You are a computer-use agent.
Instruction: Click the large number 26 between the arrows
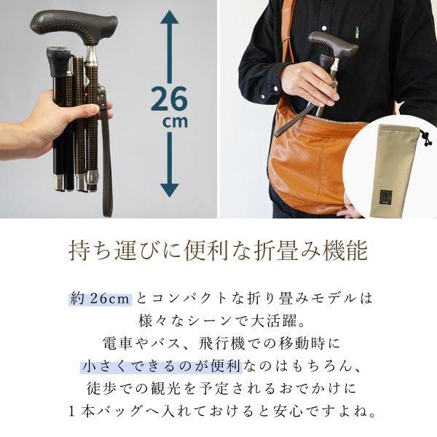coord(169,98)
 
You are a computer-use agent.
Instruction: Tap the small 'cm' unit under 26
coord(176,122)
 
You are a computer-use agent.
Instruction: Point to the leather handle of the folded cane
coord(73,25)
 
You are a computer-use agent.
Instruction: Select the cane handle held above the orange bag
coord(333,44)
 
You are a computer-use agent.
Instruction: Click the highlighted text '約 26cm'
coord(101,299)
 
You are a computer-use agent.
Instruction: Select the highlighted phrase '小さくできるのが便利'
coord(161,366)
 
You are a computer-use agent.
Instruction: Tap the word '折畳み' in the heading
coord(286,251)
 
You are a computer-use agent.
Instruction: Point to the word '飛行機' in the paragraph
coord(222,343)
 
